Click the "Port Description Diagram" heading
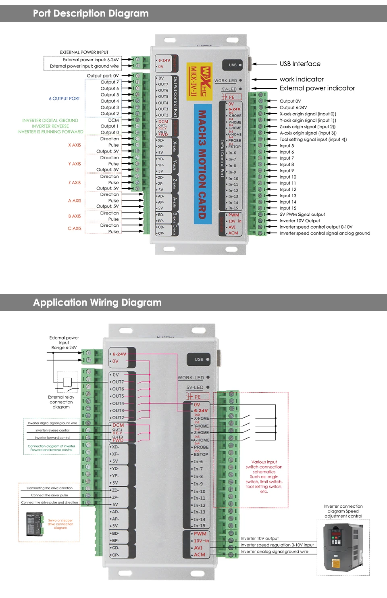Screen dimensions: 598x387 click(x=91, y=13)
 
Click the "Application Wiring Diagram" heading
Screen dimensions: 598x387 click(x=97, y=302)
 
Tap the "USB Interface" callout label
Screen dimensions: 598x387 click(x=300, y=64)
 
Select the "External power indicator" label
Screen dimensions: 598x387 click(x=317, y=88)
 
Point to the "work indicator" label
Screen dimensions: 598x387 click(x=302, y=79)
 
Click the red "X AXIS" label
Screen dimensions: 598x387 click(x=75, y=145)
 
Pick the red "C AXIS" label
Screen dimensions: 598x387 click(x=75, y=229)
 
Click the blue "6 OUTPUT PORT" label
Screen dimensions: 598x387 click(x=64, y=98)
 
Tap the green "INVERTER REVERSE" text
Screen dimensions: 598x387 click(x=50, y=126)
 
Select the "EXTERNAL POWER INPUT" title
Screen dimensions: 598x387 click(x=84, y=52)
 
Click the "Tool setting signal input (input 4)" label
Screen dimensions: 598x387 click(x=313, y=140)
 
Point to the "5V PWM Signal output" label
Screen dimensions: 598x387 click(x=302, y=215)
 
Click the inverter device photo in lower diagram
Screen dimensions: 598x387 click(x=343, y=547)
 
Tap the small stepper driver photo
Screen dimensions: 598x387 click(x=35, y=524)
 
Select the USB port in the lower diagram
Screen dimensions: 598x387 click(x=199, y=359)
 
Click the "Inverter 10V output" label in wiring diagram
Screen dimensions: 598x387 click(x=260, y=538)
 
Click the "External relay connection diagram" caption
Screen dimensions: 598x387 click(x=61, y=402)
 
